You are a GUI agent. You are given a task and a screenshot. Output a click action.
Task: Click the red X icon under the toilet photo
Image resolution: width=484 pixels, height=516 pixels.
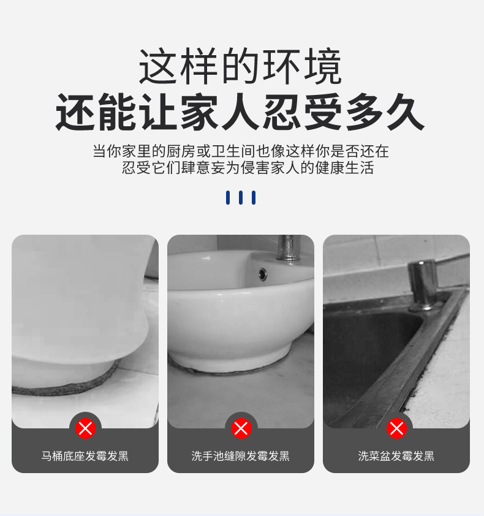tap(85, 428)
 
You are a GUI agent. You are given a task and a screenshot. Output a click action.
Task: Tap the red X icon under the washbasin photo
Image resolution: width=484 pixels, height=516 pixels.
tap(241, 428)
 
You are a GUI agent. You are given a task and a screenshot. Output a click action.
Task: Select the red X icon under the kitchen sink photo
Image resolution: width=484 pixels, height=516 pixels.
tap(396, 428)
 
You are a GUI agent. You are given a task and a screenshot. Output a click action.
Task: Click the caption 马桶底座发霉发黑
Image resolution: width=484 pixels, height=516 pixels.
tap(85, 456)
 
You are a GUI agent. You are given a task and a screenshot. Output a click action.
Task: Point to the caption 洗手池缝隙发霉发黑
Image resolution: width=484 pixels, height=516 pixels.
tap(241, 456)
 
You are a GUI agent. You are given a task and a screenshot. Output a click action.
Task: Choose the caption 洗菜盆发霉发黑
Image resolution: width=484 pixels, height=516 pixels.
tap(396, 456)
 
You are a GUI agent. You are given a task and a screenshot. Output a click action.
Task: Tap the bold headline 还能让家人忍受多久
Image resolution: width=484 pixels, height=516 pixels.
tap(240, 112)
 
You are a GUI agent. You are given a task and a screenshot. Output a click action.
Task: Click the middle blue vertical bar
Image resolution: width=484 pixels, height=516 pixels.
tap(241, 197)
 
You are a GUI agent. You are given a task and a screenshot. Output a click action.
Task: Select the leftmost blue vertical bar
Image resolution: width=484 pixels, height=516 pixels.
tap(228, 197)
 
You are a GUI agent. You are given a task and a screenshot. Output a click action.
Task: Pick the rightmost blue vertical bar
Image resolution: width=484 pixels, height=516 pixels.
tap(254, 197)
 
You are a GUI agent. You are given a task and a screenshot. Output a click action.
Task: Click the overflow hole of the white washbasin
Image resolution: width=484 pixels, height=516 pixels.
tap(263, 274)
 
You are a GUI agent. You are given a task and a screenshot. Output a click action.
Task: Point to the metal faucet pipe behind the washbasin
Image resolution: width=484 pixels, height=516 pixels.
tap(288, 247)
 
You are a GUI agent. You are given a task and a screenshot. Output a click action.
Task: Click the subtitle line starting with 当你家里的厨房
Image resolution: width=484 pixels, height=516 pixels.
tap(241, 151)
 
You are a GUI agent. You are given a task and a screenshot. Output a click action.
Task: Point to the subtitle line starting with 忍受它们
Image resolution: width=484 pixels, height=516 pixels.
tap(248, 167)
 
